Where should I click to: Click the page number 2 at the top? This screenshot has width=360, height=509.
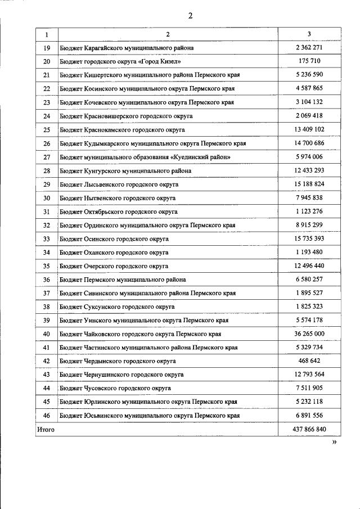pyautogui.click(x=190, y=16)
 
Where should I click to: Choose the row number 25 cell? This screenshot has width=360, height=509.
pyautogui.click(x=47, y=130)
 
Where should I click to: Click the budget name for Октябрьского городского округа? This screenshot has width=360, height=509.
pyautogui.click(x=118, y=211)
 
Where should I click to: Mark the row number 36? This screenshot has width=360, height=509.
pyautogui.click(x=47, y=280)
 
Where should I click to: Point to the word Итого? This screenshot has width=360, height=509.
pyautogui.click(x=46, y=429)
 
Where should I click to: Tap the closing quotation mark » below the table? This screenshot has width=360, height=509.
pyautogui.click(x=334, y=443)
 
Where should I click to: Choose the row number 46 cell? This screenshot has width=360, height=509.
pyautogui.click(x=47, y=416)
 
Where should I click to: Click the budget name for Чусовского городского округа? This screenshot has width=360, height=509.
pyautogui.click(x=115, y=388)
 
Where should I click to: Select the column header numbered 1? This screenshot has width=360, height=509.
pyautogui.click(x=47, y=34)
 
